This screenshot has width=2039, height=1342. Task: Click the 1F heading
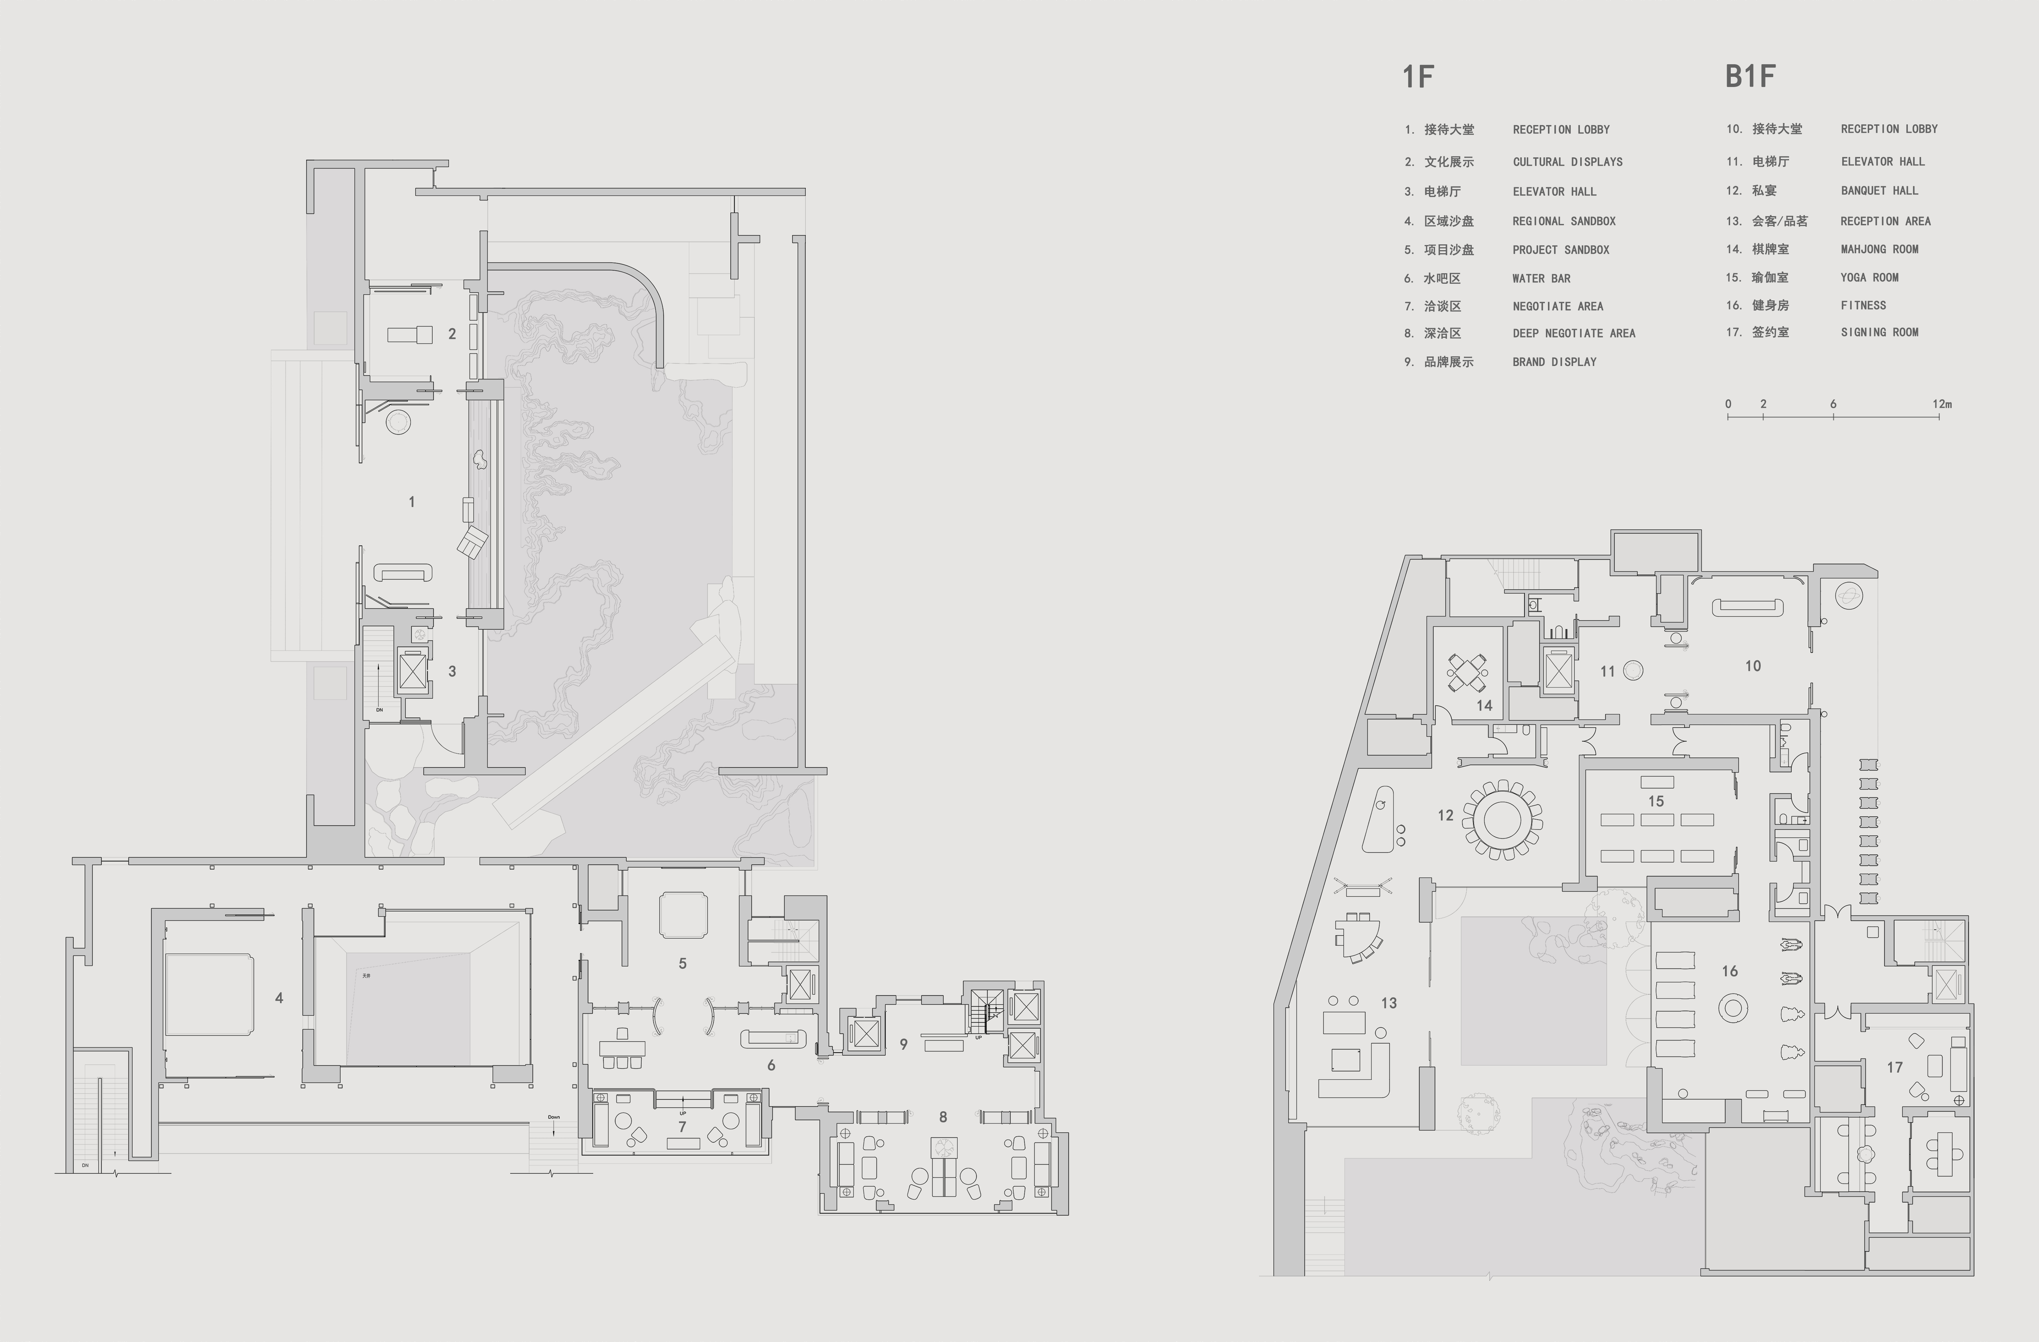tap(1418, 77)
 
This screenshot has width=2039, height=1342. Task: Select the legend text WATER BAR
tap(1541, 279)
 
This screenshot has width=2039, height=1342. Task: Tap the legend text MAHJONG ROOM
tap(1880, 249)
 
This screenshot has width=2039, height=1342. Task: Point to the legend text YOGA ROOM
tap(1869, 278)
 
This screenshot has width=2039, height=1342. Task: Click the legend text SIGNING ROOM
tap(1880, 332)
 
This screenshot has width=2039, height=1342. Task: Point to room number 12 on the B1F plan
tap(1445, 815)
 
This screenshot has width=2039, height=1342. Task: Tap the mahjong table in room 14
tap(1467, 673)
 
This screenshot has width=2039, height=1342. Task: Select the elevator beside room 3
tap(413, 670)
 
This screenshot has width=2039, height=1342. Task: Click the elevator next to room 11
tap(1557, 668)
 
